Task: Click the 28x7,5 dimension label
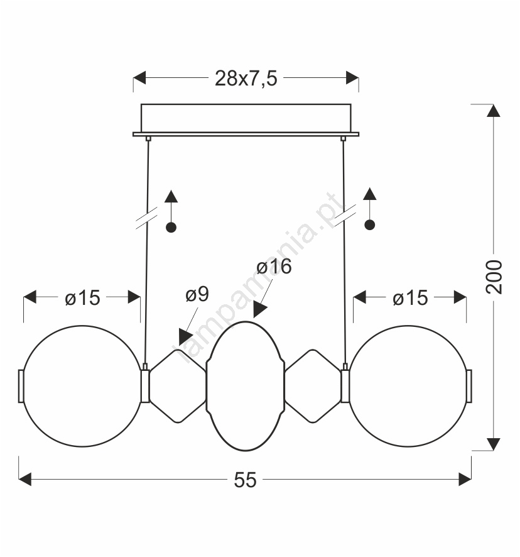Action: point(246,78)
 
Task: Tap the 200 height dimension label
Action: point(494,277)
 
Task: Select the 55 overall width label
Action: point(245,480)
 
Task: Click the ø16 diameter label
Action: point(274,267)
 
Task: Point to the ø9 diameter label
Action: point(197,294)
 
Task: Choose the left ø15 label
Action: point(82,298)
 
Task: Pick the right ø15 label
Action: point(410,298)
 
